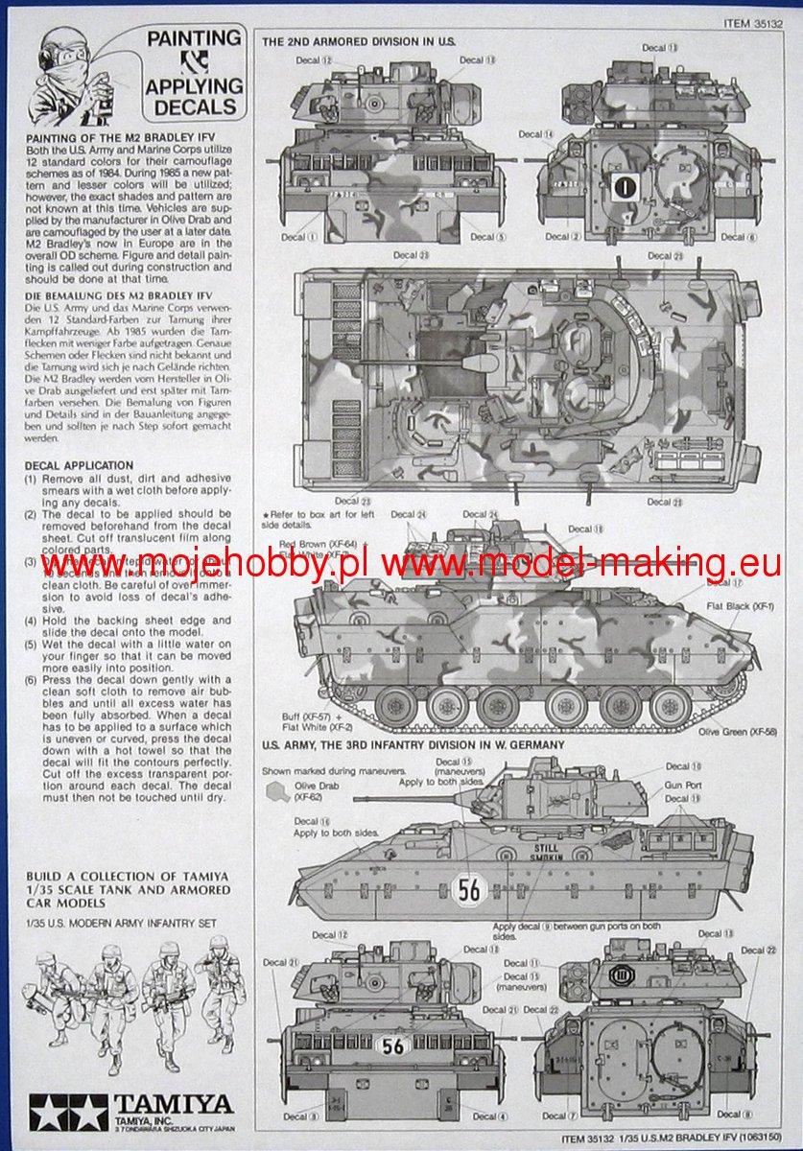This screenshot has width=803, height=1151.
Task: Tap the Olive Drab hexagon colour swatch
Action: [x=276, y=790]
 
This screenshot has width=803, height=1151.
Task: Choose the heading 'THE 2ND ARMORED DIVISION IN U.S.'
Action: [x=359, y=42]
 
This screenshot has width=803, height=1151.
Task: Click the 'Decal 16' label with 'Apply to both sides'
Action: [x=327, y=827]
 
